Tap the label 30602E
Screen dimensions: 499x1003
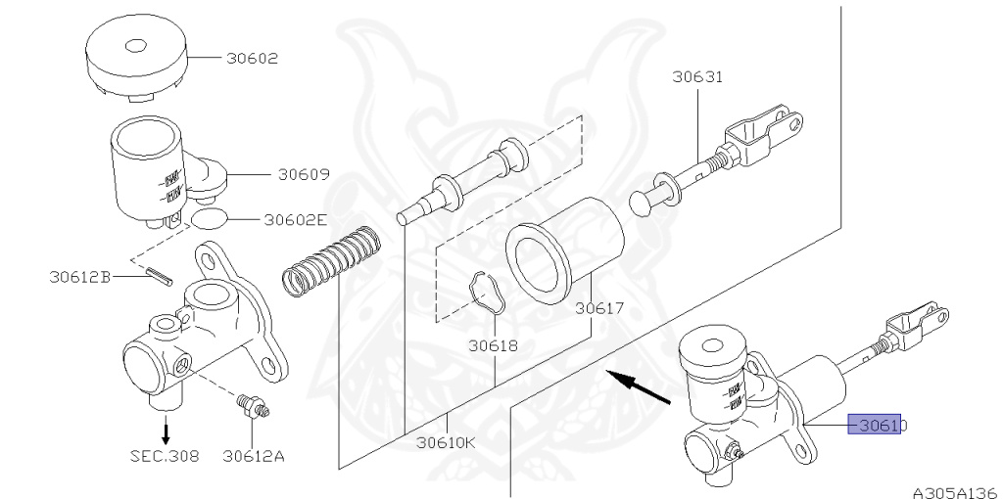293,220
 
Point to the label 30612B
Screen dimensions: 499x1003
79,277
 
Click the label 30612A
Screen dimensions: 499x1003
253,455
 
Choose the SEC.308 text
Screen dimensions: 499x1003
165,455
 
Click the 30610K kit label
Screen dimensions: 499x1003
446,441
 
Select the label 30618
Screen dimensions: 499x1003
493,345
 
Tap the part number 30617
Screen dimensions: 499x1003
599,308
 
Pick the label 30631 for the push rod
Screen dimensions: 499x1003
697,76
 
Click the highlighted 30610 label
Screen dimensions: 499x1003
877,426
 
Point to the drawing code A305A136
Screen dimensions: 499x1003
954,492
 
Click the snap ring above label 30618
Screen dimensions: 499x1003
485,291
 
